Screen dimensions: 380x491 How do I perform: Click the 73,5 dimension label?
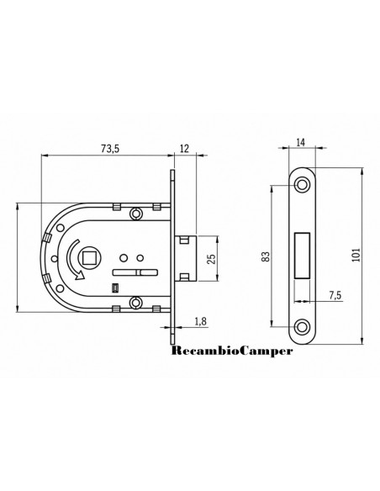(110, 149)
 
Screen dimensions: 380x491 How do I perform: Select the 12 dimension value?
(185, 149)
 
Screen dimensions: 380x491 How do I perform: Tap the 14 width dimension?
(300, 142)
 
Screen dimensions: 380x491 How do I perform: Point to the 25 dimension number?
(212, 259)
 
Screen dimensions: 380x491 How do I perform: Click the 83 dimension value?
(266, 256)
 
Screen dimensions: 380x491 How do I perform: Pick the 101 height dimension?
(356, 255)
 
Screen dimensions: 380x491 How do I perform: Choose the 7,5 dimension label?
(335, 295)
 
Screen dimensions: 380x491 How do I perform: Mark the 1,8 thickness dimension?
(200, 321)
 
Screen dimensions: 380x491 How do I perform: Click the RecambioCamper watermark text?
(232, 351)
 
